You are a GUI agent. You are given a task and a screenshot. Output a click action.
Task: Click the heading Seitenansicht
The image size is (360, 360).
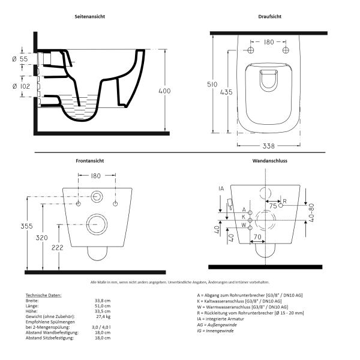90,17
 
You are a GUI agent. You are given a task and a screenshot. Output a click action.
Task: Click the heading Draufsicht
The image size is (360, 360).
270,17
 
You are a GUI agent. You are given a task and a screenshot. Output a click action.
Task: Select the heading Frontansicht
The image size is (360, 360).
90,161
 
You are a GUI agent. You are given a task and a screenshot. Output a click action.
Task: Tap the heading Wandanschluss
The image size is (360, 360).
270,161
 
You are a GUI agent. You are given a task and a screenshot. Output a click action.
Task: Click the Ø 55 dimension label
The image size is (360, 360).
20,60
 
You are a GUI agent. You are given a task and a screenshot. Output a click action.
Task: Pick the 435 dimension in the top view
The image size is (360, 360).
227,92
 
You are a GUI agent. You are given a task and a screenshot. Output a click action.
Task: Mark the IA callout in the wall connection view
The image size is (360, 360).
221,189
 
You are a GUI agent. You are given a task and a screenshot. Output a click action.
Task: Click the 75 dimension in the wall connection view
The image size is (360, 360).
273,206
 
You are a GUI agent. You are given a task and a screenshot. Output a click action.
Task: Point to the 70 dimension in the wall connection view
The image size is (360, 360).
256,238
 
